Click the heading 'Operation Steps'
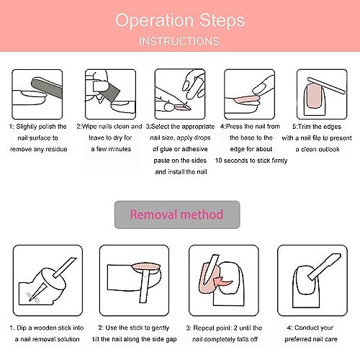[x=180, y=21]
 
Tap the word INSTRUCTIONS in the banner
[x=179, y=41]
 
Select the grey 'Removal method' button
[x=177, y=215]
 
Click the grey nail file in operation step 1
[x=47, y=88]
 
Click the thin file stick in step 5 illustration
[x=326, y=85]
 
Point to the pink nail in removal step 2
[x=146, y=266]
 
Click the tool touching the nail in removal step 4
[x=325, y=266]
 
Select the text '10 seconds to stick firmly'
[x=251, y=161]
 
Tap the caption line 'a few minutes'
[x=111, y=149]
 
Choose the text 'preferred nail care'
[x=311, y=339]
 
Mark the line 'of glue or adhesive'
[x=180, y=149]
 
